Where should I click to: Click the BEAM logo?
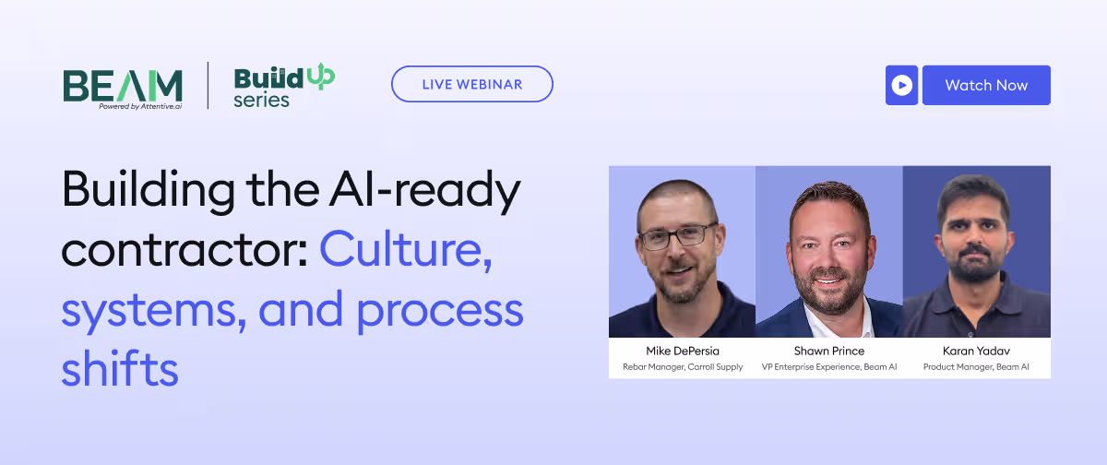pos(123,85)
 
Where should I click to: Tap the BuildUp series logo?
pos(283,86)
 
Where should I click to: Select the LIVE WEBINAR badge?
pos(472,84)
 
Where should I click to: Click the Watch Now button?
pos(986,85)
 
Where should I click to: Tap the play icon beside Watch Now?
pos(901,85)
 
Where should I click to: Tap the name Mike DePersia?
pos(682,352)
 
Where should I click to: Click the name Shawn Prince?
pos(828,352)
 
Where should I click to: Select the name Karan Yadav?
pos(976,352)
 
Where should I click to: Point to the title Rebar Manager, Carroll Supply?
pos(682,367)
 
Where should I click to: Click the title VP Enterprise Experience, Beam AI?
pos(828,367)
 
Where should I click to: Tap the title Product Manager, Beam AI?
pos(976,367)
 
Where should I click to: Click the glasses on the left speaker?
pos(677,237)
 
